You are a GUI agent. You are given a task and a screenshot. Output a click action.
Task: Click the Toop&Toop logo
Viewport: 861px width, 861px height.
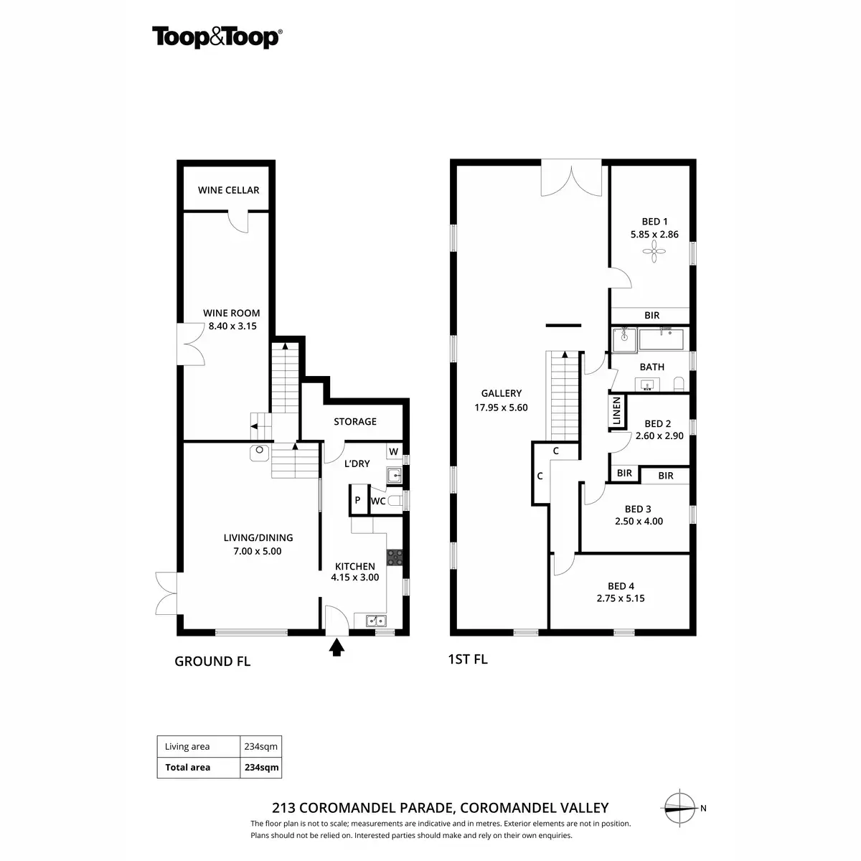[217, 37]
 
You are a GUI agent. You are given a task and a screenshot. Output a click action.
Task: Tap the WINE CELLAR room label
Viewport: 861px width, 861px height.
[228, 190]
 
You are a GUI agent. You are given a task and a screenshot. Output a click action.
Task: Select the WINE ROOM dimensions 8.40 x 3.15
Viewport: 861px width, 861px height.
[232, 326]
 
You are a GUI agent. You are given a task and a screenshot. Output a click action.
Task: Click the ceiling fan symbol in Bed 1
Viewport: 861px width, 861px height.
[654, 251]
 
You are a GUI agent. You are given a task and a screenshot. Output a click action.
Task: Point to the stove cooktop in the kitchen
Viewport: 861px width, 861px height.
[395, 557]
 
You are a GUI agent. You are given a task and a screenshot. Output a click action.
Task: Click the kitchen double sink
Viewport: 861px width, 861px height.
[376, 621]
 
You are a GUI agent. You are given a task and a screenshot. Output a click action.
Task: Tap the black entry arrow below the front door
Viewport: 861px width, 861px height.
[337, 647]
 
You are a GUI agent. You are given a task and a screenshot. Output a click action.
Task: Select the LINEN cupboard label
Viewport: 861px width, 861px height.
[616, 410]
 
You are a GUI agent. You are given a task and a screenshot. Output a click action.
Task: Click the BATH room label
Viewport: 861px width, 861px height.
[651, 367]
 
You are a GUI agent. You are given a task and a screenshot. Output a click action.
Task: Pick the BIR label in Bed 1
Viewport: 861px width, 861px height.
[652, 316]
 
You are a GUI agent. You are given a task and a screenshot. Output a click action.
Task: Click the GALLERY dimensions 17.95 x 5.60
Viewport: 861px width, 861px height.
[501, 408]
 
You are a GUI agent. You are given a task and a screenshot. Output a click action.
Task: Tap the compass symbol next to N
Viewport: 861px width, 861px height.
[679, 808]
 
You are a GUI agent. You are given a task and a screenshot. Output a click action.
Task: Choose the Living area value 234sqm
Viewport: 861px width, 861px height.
[260, 746]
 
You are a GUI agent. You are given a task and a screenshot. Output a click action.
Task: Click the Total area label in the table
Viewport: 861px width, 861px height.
[188, 767]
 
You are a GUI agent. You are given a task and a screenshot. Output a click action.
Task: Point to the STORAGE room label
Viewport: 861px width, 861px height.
[355, 421]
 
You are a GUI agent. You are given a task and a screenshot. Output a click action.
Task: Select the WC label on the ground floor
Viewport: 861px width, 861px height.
[378, 502]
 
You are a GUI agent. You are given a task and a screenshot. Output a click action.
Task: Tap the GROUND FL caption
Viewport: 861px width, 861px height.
[212, 662]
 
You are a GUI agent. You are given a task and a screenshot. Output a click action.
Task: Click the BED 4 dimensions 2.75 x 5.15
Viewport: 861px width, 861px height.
[621, 598]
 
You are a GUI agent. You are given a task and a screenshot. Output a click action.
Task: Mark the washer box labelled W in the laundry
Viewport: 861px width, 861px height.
[394, 451]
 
